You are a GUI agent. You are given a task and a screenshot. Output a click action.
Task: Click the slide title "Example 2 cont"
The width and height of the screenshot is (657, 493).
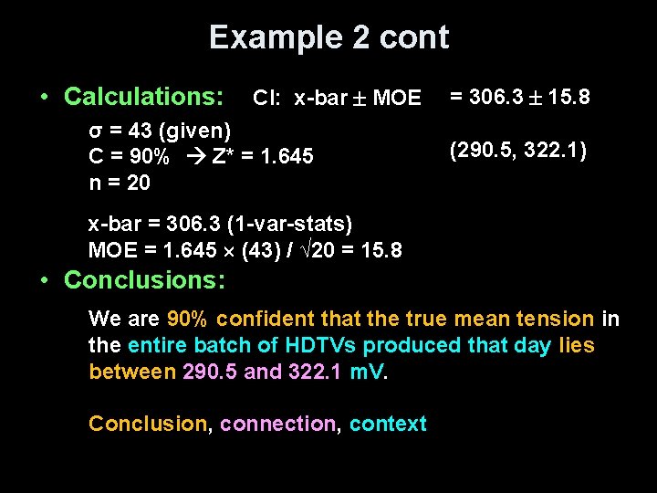point(328,37)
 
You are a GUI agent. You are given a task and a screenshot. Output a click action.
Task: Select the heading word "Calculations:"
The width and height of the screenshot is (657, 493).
point(144,96)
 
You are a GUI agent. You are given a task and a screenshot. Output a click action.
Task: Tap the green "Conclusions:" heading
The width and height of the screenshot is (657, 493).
point(144,279)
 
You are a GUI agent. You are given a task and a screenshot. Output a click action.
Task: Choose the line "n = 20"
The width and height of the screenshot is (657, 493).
point(120,183)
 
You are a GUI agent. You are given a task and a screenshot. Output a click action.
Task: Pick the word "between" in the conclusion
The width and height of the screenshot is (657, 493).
point(132,372)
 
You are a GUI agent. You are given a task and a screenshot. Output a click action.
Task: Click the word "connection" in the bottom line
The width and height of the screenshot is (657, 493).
point(277,424)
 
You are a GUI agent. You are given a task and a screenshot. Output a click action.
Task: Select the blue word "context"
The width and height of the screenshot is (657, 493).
point(388,424)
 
